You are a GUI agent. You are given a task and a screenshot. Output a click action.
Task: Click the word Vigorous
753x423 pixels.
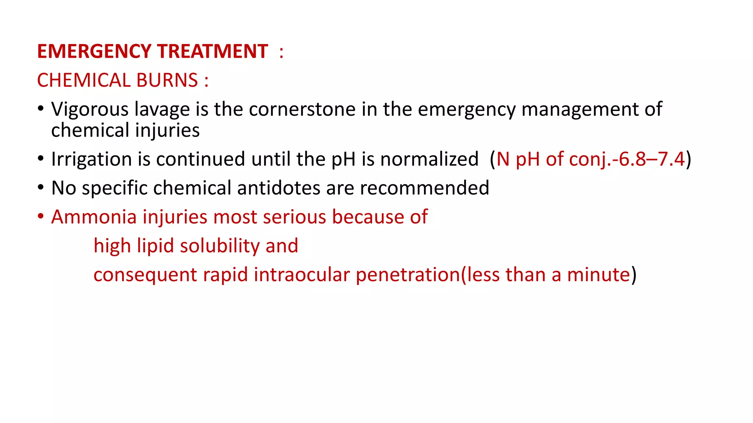pos(90,109)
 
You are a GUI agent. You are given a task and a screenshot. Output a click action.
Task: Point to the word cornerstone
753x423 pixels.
pos(302,109)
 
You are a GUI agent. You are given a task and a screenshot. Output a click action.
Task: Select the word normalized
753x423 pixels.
pos(429,159)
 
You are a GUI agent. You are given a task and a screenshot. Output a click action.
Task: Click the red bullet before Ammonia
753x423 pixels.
pos(41,216)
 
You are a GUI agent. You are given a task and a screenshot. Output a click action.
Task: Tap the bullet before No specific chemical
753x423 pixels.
pos(41,187)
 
